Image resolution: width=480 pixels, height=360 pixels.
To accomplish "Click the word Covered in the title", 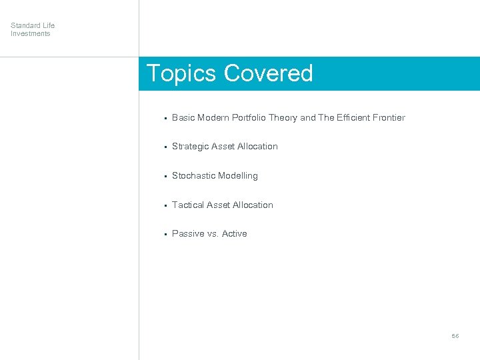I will [269, 73].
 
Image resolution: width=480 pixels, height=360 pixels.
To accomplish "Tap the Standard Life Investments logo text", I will [33, 29].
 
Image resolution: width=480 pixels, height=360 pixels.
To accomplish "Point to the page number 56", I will [455, 336].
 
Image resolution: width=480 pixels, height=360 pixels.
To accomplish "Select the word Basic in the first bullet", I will [183, 117].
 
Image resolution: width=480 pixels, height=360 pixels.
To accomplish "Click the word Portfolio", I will [251, 117].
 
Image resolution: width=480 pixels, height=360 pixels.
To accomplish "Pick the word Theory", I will [285, 117].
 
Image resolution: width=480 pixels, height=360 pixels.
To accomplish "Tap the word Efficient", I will [353, 117].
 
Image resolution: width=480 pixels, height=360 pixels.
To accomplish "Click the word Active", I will [234, 234].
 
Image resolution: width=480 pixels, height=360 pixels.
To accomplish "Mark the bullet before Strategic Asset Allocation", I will [164, 147].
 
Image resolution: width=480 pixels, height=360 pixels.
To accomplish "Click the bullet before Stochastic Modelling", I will [164, 176].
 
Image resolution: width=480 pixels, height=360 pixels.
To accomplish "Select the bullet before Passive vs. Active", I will [164, 234].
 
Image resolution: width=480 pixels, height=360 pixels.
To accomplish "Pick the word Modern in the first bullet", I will [213, 117].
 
